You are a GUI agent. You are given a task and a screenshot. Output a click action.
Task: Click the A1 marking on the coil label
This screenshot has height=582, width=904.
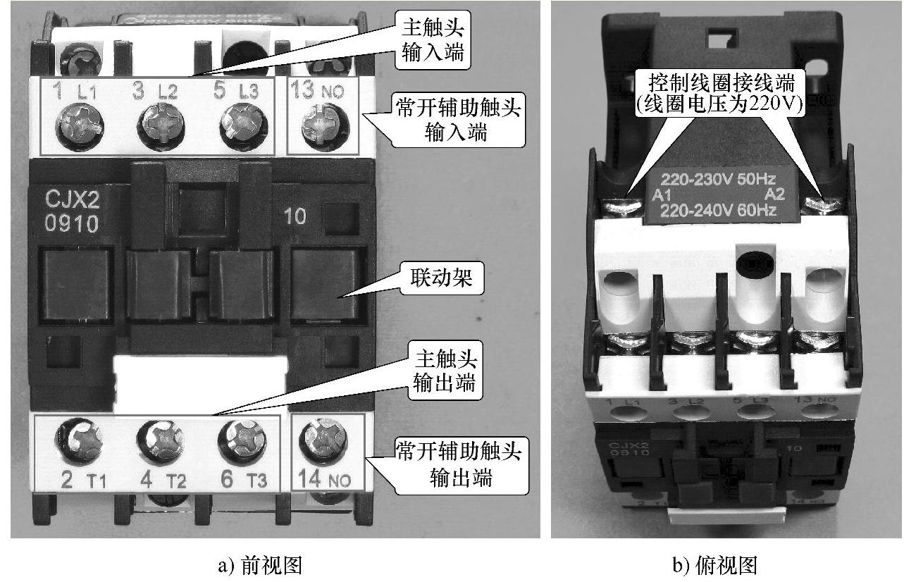662,194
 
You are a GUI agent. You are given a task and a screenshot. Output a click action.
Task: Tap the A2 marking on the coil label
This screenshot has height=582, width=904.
774,194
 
